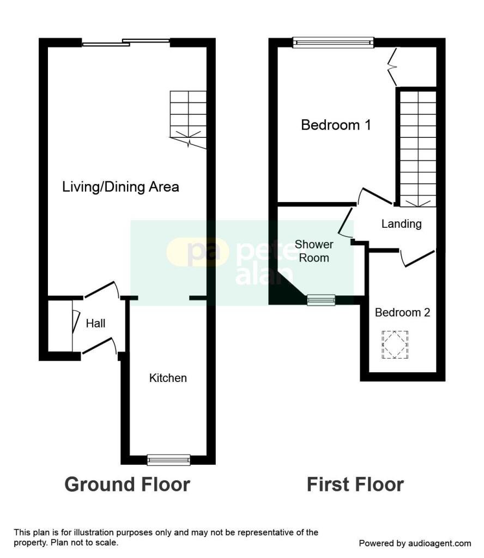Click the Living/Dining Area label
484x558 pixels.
(x=120, y=187)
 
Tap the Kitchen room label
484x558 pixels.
(x=168, y=378)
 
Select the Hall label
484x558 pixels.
(x=95, y=323)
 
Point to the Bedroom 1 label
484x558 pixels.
(x=336, y=125)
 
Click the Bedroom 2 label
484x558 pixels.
(x=402, y=312)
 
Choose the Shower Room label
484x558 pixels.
(x=314, y=251)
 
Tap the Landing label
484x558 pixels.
(x=402, y=224)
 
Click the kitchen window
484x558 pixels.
(x=168, y=460)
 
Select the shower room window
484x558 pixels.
(x=322, y=300)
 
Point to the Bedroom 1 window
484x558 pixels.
(x=333, y=43)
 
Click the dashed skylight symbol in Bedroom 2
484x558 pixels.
(x=395, y=344)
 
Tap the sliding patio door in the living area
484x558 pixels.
(x=125, y=43)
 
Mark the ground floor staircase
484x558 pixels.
(x=188, y=119)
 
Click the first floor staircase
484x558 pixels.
(x=418, y=149)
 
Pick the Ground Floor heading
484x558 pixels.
(x=127, y=484)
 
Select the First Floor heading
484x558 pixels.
(x=355, y=484)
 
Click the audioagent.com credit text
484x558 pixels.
(x=415, y=543)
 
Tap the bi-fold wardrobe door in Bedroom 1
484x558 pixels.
(x=392, y=66)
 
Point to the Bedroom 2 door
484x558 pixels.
(x=418, y=258)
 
